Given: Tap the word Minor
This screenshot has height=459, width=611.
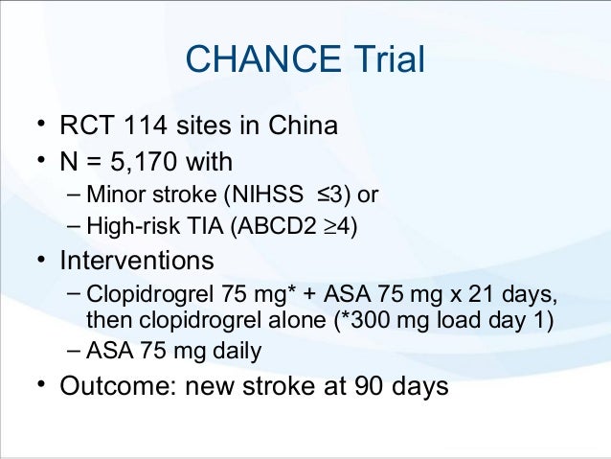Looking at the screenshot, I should pyautogui.click(x=114, y=195).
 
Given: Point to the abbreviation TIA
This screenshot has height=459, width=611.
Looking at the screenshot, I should pyautogui.click(x=190, y=228).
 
